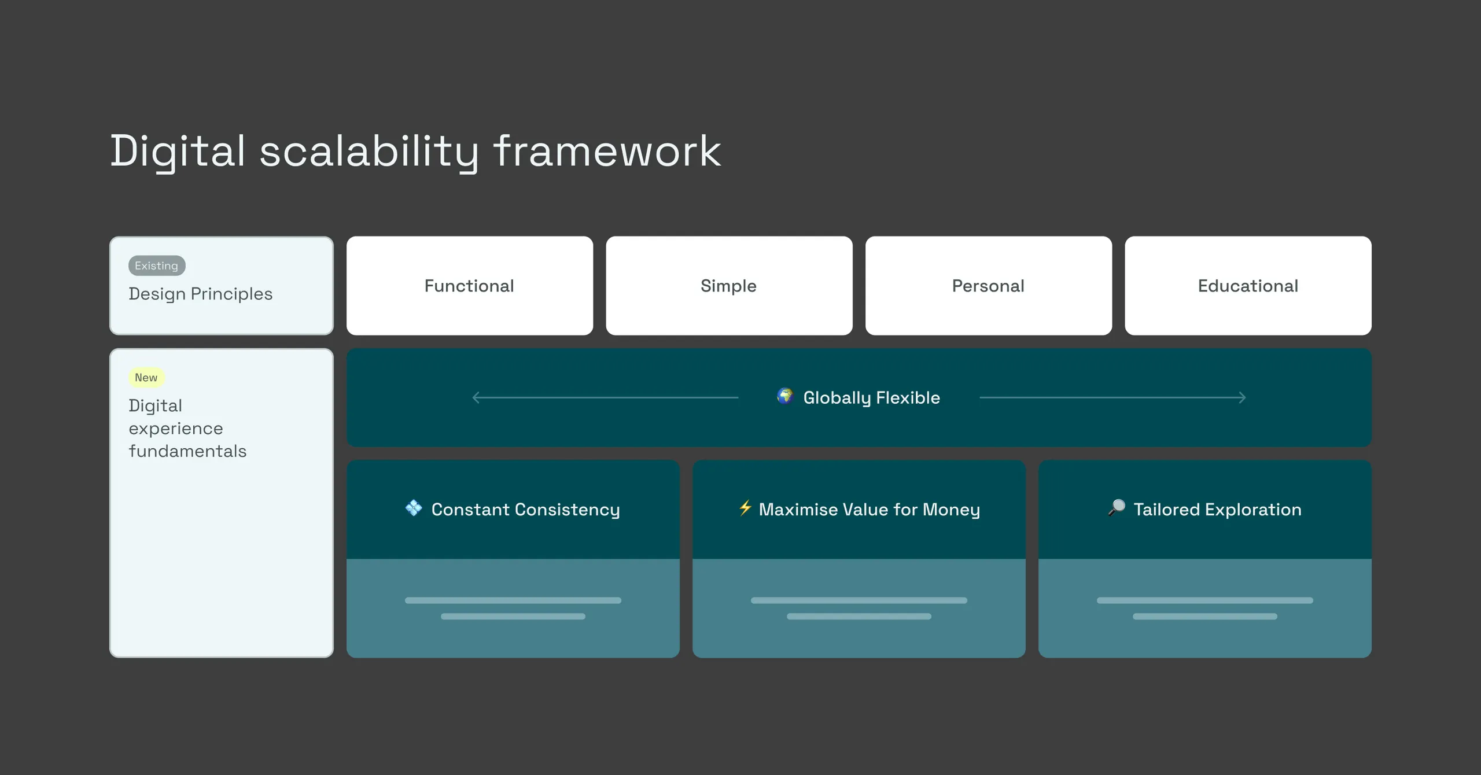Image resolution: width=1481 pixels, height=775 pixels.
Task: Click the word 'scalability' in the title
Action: (369, 152)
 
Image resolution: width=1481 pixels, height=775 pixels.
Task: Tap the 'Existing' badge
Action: (157, 265)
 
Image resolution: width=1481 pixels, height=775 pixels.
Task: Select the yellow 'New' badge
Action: (146, 378)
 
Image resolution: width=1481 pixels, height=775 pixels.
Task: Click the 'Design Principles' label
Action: (200, 294)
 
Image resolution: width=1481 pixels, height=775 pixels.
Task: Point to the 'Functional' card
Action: (470, 286)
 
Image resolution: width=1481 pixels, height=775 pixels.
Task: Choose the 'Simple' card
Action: (729, 286)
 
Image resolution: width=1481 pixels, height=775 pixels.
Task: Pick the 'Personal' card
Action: (989, 286)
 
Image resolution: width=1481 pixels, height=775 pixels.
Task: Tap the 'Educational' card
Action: (1248, 286)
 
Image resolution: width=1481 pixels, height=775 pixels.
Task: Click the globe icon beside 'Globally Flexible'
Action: (785, 396)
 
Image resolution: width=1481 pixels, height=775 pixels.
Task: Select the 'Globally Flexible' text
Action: (872, 398)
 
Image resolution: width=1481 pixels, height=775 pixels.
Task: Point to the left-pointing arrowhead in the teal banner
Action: (476, 398)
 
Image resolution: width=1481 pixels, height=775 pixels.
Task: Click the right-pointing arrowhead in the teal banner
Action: (1242, 398)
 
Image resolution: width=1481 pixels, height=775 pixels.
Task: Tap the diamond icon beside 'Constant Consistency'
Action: (414, 508)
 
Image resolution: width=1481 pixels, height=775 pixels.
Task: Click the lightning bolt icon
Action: (745, 508)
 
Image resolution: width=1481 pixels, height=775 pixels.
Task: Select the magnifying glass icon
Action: (1117, 508)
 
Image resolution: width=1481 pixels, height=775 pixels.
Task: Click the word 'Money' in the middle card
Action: (951, 510)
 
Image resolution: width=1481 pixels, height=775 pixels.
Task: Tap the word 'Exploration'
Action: (1253, 510)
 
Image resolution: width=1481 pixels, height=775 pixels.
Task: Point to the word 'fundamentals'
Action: (187, 451)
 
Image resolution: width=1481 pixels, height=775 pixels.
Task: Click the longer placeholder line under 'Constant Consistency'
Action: (513, 600)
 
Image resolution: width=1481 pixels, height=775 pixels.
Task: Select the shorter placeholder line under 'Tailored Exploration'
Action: (1205, 617)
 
